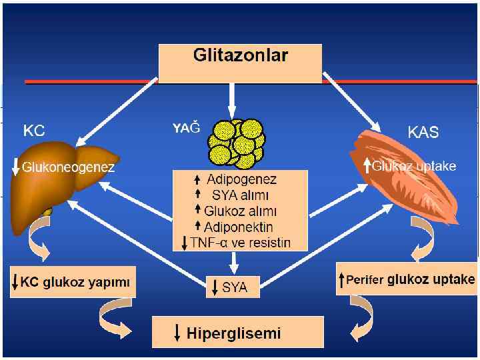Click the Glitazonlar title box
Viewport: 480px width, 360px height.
[x=240, y=63]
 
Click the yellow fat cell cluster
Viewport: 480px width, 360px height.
[x=237, y=141]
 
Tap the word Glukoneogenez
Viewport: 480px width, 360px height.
[x=68, y=167]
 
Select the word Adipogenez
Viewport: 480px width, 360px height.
[x=241, y=179]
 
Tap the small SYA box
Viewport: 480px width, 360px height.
[x=231, y=287]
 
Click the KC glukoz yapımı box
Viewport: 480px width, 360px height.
[x=73, y=282]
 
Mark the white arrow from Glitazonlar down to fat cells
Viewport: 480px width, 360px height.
[x=231, y=98]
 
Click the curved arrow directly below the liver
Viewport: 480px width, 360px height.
[x=37, y=251]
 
